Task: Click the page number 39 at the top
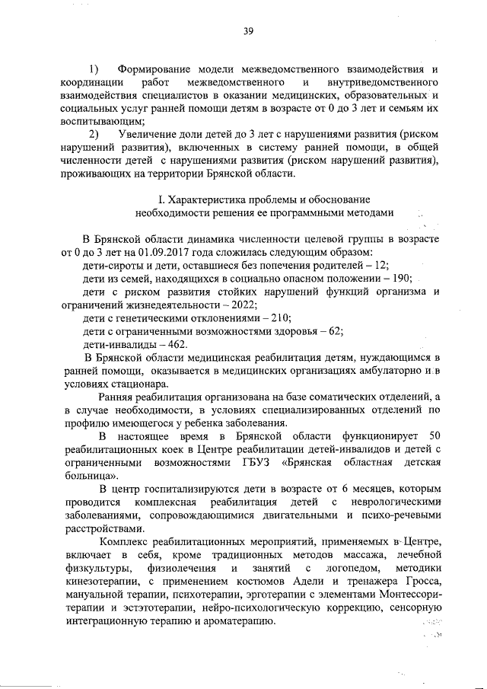[248, 31]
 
